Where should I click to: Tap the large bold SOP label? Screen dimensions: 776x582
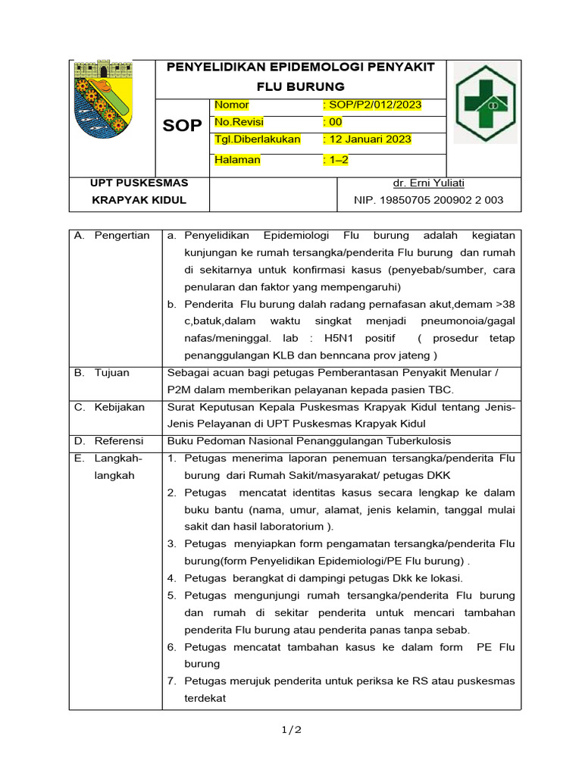[183, 126]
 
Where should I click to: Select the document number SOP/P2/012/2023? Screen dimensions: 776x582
[372, 105]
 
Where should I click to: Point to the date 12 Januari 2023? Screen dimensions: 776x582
[367, 139]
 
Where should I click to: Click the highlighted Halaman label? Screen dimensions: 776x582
[237, 160]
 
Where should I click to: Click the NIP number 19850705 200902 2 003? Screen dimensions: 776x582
[428, 201]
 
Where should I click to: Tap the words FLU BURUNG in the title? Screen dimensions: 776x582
[300, 86]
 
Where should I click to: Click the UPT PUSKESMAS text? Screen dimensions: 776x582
[139, 183]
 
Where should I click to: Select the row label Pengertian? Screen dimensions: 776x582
[121, 236]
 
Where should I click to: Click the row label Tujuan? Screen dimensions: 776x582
[111, 373]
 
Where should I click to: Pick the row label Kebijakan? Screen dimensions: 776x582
[119, 408]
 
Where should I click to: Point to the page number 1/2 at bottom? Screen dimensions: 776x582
[292, 730]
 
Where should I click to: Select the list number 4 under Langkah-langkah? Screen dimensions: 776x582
[172, 578]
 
